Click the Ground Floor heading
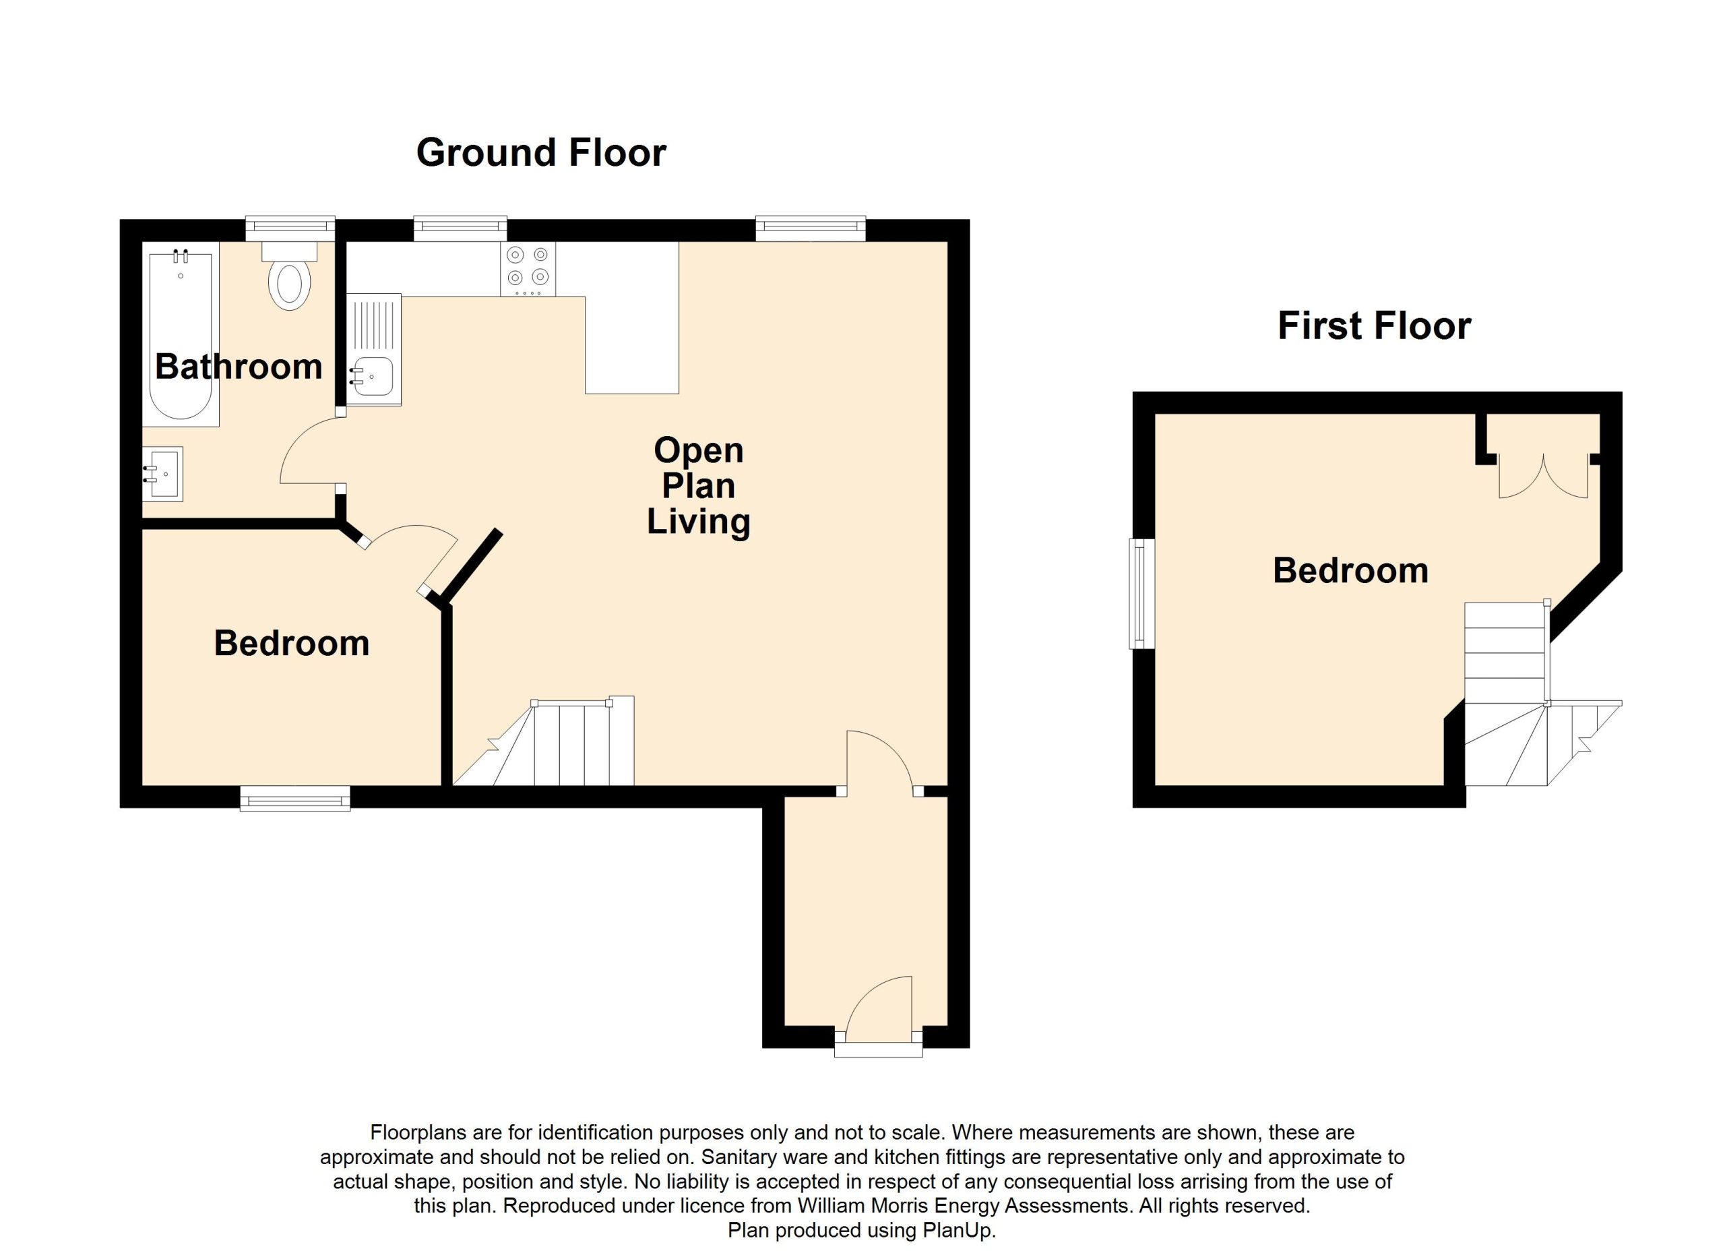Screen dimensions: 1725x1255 pos(541,153)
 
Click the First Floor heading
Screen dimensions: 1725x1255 pos(1374,326)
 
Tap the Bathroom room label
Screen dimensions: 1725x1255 pos(239,367)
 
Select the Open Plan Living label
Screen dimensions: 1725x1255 pos(698,486)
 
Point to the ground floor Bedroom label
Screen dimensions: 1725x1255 pos(291,644)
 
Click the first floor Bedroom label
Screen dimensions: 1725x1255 pos(1350,570)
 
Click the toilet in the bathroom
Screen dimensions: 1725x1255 pos(289,277)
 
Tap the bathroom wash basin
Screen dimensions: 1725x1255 pos(164,474)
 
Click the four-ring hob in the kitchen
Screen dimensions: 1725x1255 pos(528,268)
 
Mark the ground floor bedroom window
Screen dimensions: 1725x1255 pos(295,799)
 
